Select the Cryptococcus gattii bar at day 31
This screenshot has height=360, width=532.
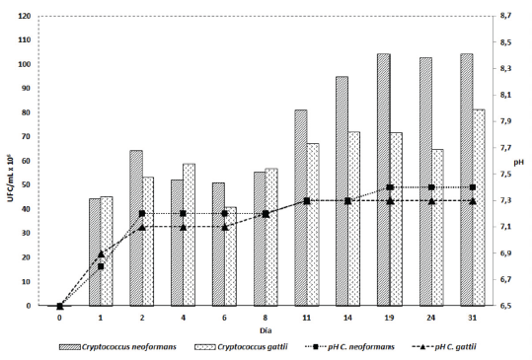(x=479, y=207)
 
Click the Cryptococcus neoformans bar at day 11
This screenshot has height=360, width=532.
(x=301, y=207)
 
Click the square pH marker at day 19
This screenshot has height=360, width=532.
(x=390, y=187)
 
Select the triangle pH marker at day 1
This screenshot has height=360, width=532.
(x=101, y=253)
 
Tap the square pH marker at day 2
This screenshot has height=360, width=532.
(x=142, y=214)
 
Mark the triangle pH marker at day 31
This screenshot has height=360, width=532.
(x=473, y=201)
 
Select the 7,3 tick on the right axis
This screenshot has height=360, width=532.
(x=506, y=201)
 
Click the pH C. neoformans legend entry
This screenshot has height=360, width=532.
(x=366, y=348)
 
